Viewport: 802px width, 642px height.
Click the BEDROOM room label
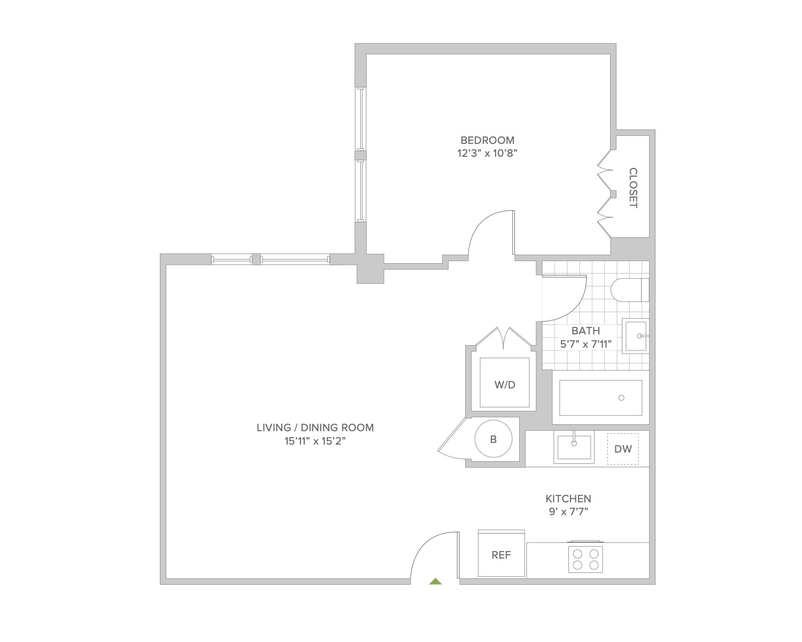pos(487,140)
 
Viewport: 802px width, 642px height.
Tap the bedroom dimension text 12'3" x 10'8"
pos(487,154)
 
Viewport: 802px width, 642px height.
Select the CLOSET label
pos(633,188)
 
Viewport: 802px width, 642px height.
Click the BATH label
pos(585,331)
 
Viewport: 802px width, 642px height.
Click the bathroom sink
pos(636,336)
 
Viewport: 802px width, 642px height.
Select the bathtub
pos(600,398)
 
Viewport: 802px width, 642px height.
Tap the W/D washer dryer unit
pos(505,384)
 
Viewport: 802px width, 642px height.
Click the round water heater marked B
pos(493,439)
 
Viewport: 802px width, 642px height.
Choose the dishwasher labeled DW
pos(623,449)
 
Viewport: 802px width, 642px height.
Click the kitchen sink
pos(574,447)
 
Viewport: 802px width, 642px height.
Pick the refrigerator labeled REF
pos(501,555)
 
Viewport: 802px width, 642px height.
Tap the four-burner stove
pos(585,559)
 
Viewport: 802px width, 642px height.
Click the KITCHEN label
pos(568,499)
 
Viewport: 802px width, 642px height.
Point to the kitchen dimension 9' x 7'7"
pos(568,511)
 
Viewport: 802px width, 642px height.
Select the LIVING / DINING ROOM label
pos(315,427)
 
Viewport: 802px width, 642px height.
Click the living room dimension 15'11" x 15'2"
pos(315,441)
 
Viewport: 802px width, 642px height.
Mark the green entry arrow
pos(436,581)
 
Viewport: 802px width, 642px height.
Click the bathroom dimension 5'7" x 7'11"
pos(585,344)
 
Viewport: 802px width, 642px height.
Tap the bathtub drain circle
pos(621,398)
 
